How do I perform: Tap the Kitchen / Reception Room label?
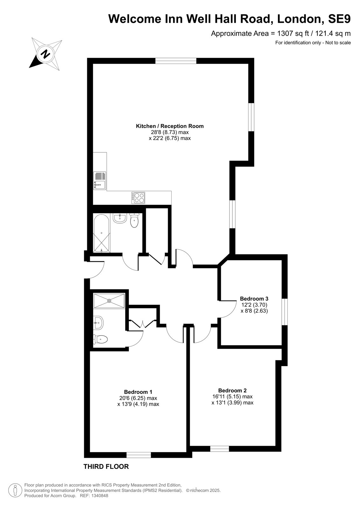[x=170, y=126]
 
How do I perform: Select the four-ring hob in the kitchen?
[x=138, y=198]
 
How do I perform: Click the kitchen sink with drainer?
[x=100, y=181]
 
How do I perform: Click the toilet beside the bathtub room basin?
[x=134, y=220]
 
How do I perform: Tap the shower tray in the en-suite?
[x=109, y=301]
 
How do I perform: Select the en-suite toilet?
[x=100, y=340]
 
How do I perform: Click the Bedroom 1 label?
[x=138, y=392]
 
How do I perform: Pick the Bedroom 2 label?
[x=232, y=390]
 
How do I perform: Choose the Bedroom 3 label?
[x=254, y=298]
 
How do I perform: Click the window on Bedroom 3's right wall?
[x=285, y=312]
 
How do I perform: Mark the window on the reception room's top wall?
[x=176, y=61]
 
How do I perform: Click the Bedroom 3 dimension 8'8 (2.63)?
[x=254, y=310]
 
